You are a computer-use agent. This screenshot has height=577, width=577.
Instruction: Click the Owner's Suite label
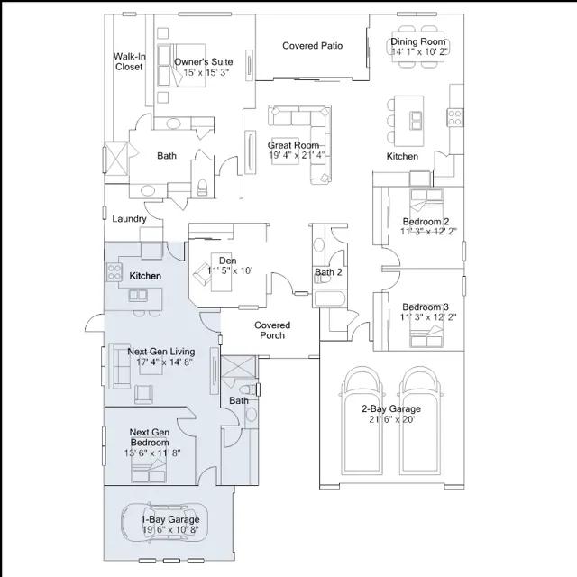(x=204, y=62)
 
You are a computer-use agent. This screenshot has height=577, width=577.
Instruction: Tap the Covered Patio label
(x=312, y=46)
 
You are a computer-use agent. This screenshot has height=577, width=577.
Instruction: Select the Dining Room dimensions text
(x=419, y=52)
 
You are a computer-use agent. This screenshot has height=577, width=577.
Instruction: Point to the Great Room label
(x=294, y=145)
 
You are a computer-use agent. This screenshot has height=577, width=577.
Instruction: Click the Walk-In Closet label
(x=129, y=61)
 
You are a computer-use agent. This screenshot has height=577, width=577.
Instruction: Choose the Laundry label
(x=129, y=218)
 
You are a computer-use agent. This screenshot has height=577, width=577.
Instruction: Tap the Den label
(x=227, y=261)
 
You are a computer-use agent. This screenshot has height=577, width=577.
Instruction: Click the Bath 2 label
(x=328, y=272)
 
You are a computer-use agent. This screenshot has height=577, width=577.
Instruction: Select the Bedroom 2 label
(x=426, y=222)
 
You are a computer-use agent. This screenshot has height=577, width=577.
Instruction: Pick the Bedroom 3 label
(x=426, y=306)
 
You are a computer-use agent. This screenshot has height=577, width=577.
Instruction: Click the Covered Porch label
(x=272, y=330)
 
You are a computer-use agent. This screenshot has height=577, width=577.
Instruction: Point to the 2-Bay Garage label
(x=391, y=408)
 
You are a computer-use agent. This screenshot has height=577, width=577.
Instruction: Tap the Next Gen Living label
(x=161, y=352)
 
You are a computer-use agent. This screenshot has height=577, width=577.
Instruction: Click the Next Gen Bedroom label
(x=150, y=437)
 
